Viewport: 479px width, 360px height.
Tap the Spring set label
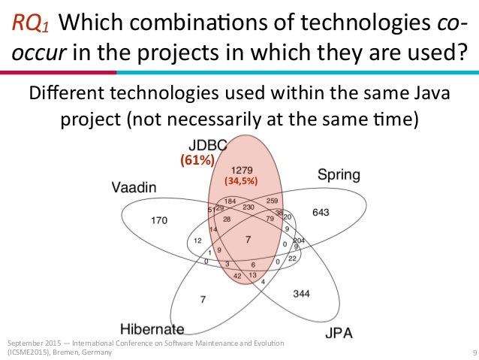tap(339, 175)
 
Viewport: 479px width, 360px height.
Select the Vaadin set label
tap(134, 188)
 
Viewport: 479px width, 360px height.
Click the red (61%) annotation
tap(197, 159)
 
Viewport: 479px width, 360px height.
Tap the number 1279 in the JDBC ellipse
tap(243, 170)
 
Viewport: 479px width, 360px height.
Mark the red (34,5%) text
tap(243, 181)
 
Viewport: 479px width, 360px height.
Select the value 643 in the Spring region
tap(321, 213)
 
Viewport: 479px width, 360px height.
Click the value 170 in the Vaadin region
tap(158, 221)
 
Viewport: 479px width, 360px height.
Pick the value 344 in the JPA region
tap(302, 292)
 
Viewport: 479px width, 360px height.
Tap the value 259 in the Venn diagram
tap(272, 201)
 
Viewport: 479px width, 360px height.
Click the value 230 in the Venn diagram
tap(249, 207)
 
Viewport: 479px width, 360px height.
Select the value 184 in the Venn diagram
tap(230, 201)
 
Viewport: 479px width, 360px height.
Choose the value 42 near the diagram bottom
tap(237, 276)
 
